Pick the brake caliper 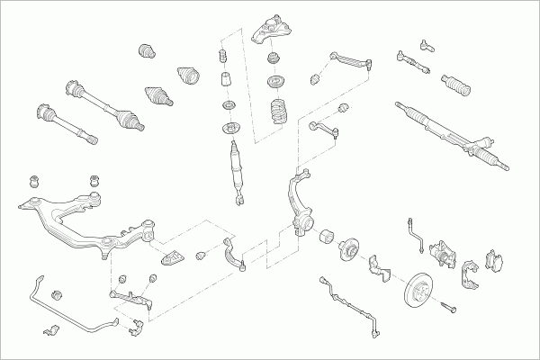pyautogui.click(x=443, y=253)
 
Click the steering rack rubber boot pyautogui.click(x=457, y=87)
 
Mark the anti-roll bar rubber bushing pyautogui.click(x=58, y=294)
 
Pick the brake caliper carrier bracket pyautogui.click(x=468, y=274)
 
